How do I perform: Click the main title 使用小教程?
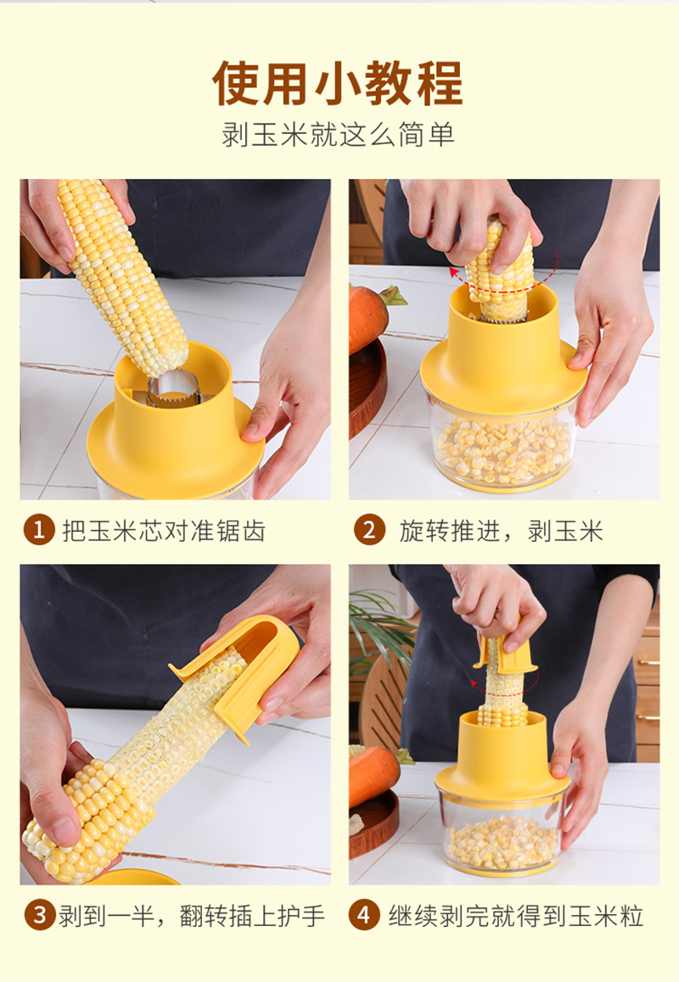click(338, 84)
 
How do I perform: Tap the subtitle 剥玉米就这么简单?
click(338, 136)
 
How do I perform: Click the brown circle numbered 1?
click(39, 531)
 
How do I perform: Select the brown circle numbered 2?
click(369, 531)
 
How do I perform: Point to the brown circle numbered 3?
click(40, 916)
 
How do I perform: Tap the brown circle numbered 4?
click(364, 916)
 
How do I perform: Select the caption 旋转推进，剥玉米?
click(501, 531)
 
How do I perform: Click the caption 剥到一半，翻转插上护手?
click(192, 916)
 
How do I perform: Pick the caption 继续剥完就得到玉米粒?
click(516, 916)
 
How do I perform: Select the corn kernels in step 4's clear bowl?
click(502, 842)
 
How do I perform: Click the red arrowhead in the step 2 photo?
click(453, 272)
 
